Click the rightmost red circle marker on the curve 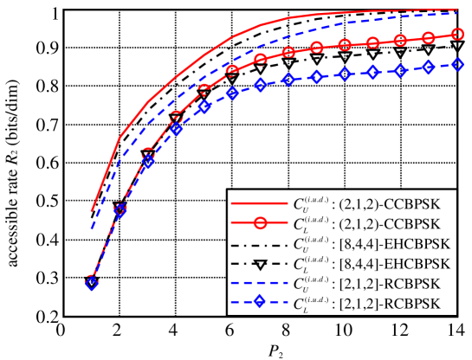pyautogui.click(x=456, y=35)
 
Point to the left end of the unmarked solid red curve pyautogui.click(x=91, y=212)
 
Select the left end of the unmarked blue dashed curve pyautogui.click(x=91, y=229)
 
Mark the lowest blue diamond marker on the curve pyautogui.click(x=91, y=283)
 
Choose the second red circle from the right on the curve pyautogui.click(x=428, y=38)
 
